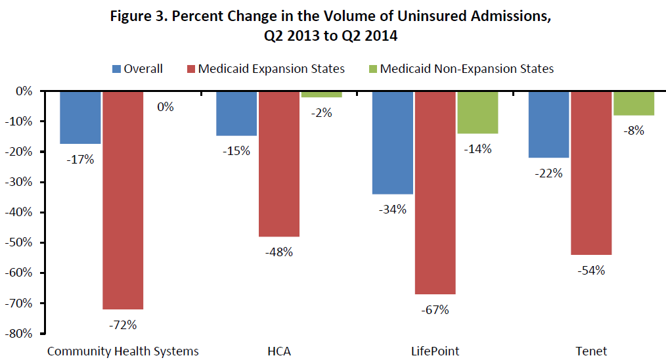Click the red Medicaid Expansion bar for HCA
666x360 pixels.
point(278,164)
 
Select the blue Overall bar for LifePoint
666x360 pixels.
point(393,143)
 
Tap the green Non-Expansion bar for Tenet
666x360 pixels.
point(633,103)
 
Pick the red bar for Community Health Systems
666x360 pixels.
point(123,200)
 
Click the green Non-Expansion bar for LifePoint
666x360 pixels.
point(477,112)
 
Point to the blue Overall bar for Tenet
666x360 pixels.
point(549,124)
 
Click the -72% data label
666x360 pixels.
point(123,325)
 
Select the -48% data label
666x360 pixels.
point(278,252)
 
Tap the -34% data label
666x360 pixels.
point(393,210)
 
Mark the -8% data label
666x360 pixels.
point(633,130)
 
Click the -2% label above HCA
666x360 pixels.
point(322,112)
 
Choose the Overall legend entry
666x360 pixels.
point(138,68)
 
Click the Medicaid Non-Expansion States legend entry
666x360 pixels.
point(466,68)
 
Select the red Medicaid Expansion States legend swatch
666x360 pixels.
point(191,69)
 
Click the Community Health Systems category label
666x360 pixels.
point(123,351)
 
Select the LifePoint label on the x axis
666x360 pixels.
point(435,351)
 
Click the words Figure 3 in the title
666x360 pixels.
point(145,16)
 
